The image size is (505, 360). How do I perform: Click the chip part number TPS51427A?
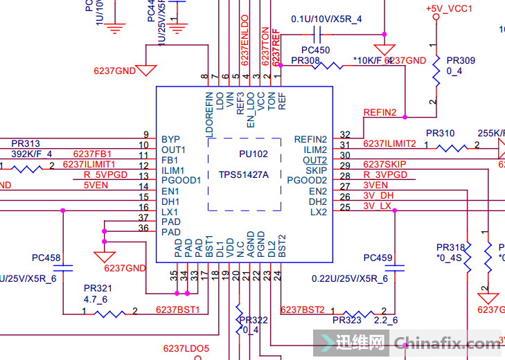click(x=244, y=174)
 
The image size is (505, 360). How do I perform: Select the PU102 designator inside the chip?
click(x=244, y=154)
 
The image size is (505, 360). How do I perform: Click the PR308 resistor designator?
click(x=305, y=61)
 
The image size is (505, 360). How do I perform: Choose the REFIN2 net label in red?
click(x=380, y=112)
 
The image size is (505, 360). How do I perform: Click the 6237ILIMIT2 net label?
click(x=389, y=143)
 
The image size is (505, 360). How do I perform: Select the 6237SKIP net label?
click(x=382, y=164)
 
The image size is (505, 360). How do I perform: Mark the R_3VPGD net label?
click(x=385, y=174)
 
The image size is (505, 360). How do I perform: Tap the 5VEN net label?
click(x=96, y=186)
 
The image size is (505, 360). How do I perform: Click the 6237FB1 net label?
click(x=92, y=154)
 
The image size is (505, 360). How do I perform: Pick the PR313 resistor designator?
click(x=26, y=143)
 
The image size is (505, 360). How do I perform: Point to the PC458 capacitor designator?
click(x=46, y=258)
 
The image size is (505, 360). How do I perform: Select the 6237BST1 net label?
click(x=177, y=309)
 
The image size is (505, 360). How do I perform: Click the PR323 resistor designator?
click(x=347, y=321)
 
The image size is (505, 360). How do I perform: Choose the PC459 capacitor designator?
click(x=378, y=258)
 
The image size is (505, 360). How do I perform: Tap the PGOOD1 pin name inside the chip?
click(x=181, y=180)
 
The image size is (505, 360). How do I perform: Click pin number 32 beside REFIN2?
click(x=345, y=134)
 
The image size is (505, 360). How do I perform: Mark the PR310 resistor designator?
click(x=440, y=133)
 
